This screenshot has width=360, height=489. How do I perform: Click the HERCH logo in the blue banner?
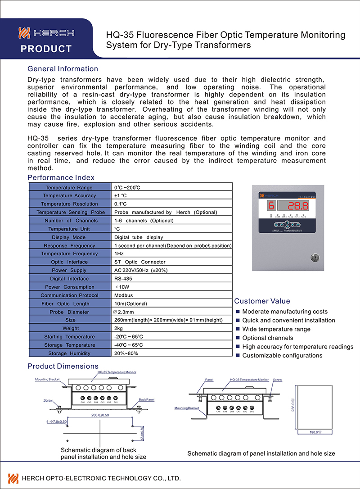point(46,33)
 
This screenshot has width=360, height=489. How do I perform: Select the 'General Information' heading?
point(63,69)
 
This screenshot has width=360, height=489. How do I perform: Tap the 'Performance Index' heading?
point(61,177)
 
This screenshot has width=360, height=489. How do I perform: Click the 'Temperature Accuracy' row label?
point(69,196)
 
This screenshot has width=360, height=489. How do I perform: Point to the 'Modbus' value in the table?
point(123,295)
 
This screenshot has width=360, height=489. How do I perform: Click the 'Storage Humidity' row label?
point(69,353)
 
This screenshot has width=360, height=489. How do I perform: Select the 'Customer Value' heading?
point(262,301)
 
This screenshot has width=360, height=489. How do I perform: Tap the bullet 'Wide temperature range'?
point(276,329)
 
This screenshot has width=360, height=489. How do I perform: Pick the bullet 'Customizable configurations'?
point(282,356)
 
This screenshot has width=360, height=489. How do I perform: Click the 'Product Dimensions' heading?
point(63,366)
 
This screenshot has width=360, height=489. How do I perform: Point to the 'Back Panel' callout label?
point(147,399)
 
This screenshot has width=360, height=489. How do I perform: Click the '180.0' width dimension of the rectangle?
point(314,432)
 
